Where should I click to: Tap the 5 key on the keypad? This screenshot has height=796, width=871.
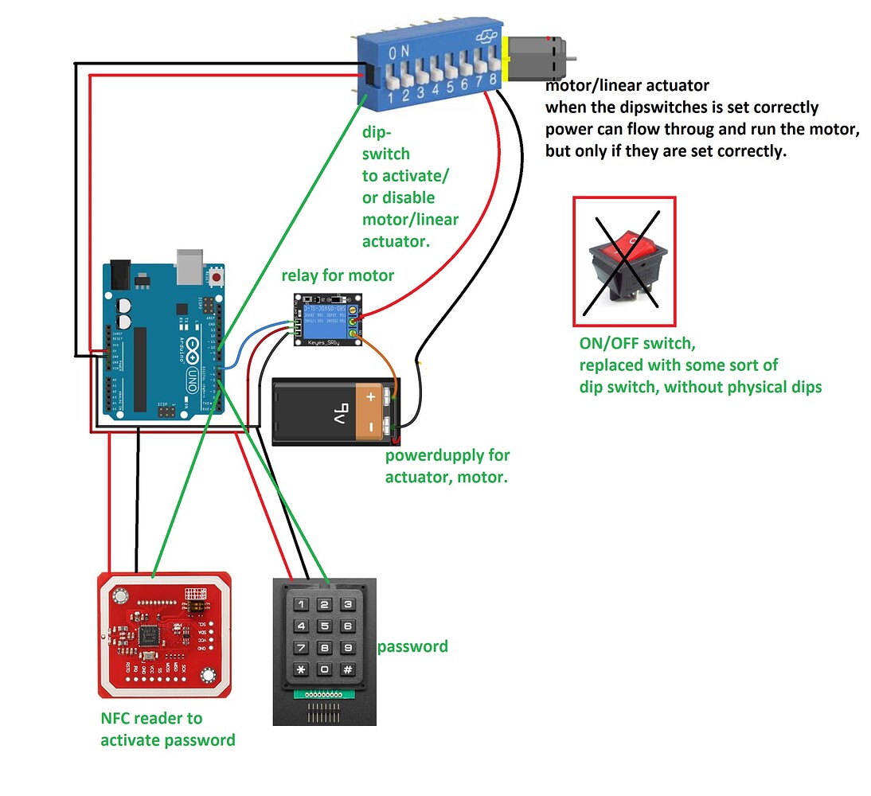click(x=324, y=626)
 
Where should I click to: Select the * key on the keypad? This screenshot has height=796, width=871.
click(x=301, y=669)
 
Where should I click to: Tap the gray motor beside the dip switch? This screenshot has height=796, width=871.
click(x=538, y=59)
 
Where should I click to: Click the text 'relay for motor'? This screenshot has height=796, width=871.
click(x=338, y=275)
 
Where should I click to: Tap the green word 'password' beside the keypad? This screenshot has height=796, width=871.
click(x=412, y=646)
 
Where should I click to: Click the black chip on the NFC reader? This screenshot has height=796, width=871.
click(x=148, y=635)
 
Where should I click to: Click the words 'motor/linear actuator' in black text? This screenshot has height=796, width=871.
click(x=627, y=84)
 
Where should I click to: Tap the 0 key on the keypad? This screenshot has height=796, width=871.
click(x=324, y=669)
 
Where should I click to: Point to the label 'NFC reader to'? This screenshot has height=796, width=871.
click(x=150, y=717)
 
